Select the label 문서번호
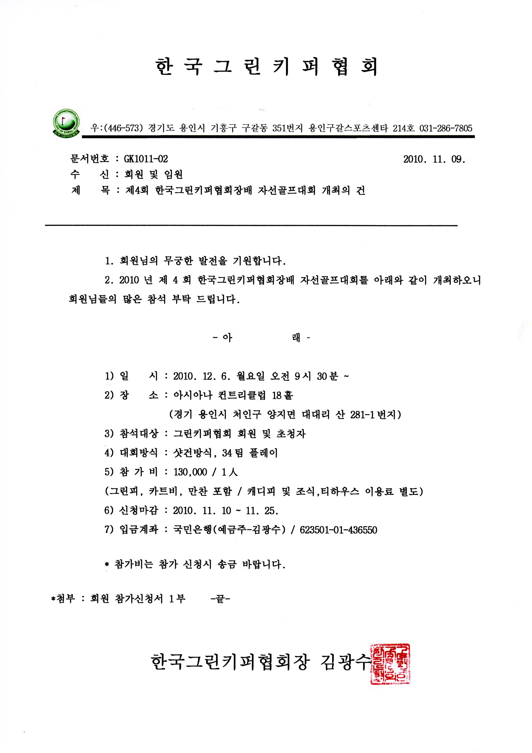coord(89,159)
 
